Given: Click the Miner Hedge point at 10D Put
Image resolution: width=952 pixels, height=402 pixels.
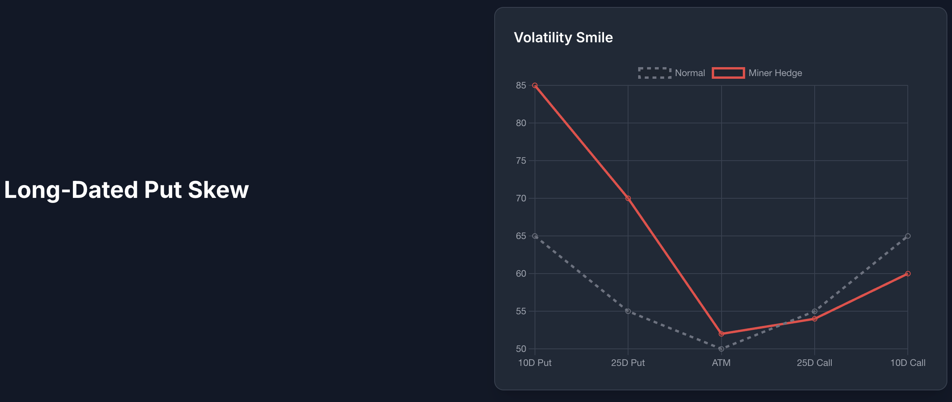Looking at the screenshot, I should [535, 85].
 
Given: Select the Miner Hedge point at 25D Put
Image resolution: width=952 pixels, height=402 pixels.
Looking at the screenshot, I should [628, 198].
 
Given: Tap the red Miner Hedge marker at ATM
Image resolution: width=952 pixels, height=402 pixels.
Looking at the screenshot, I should [721, 334].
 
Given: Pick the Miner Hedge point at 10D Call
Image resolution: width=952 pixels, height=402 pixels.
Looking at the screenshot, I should [908, 274].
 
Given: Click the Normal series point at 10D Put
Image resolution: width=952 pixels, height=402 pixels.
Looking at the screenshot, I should [535, 236].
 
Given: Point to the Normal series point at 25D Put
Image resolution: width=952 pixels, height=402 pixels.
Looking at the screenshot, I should [628, 311].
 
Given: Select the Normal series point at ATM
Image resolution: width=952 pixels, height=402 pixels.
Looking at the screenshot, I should [721, 349].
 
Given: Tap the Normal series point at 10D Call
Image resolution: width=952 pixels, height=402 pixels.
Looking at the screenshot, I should [908, 236].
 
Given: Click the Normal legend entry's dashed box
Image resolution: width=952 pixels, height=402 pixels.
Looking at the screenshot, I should [655, 73].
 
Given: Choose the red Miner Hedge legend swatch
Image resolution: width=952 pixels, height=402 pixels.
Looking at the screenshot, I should [728, 73].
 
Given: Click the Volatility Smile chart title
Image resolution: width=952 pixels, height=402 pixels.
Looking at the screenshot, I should [563, 38].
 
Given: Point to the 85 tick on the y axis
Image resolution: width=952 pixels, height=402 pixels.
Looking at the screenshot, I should [521, 85].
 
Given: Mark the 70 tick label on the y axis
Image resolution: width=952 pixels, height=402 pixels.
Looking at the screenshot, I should [521, 198].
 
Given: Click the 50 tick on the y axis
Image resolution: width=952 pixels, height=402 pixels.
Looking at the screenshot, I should [521, 349].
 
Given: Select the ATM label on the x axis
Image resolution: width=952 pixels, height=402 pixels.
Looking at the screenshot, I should [721, 363].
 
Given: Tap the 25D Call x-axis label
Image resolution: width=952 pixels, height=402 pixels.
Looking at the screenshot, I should [814, 363].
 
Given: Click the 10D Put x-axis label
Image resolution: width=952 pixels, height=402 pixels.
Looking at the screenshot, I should [535, 363].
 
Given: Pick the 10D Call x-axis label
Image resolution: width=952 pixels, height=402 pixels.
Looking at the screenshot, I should [908, 363].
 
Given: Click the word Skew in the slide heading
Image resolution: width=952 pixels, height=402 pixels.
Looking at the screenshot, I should [218, 190].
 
